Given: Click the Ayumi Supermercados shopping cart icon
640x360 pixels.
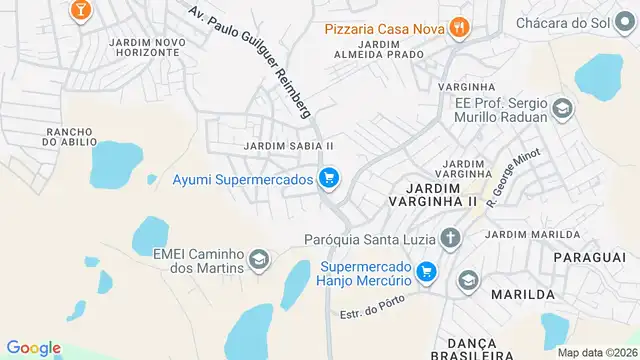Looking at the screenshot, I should tap(328, 180).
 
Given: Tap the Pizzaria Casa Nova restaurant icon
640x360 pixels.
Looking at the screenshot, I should tap(459, 28).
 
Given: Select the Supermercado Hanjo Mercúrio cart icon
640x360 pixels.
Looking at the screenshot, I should tap(427, 271).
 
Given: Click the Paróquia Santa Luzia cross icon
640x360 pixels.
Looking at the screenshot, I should tap(451, 238).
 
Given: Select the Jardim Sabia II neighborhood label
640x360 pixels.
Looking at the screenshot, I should tap(288, 146).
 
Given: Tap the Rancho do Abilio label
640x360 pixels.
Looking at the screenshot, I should tap(69, 137).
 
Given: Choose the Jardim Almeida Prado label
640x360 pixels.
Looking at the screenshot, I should tap(374, 49).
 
